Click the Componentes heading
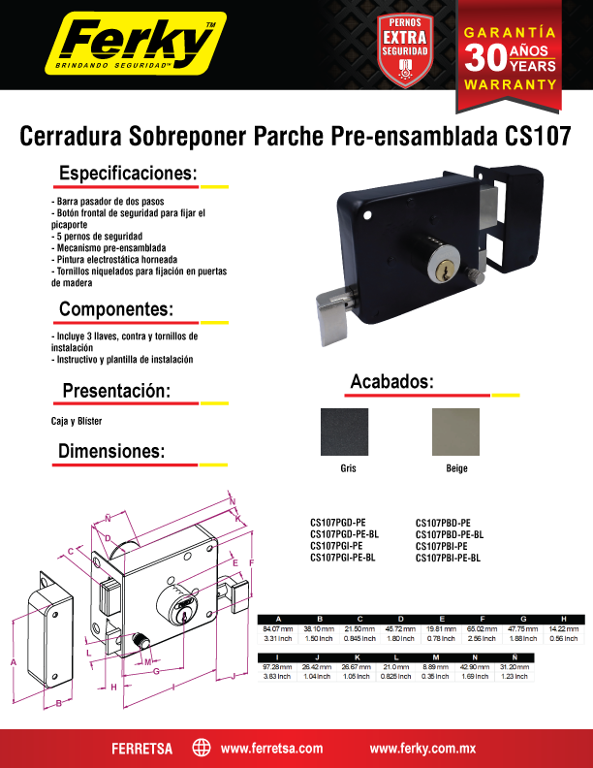tap(116, 309)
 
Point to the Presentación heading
tap(116, 391)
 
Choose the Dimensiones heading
tap(111, 452)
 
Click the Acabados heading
tap(391, 382)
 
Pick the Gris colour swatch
tap(344, 432)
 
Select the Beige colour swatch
tap(455, 432)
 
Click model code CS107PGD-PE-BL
tap(344, 534)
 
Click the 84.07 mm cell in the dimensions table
tap(278, 630)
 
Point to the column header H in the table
tap(563, 619)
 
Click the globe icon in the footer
tap(202, 748)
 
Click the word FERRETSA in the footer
tap(141, 749)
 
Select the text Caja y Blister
tap(77, 422)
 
